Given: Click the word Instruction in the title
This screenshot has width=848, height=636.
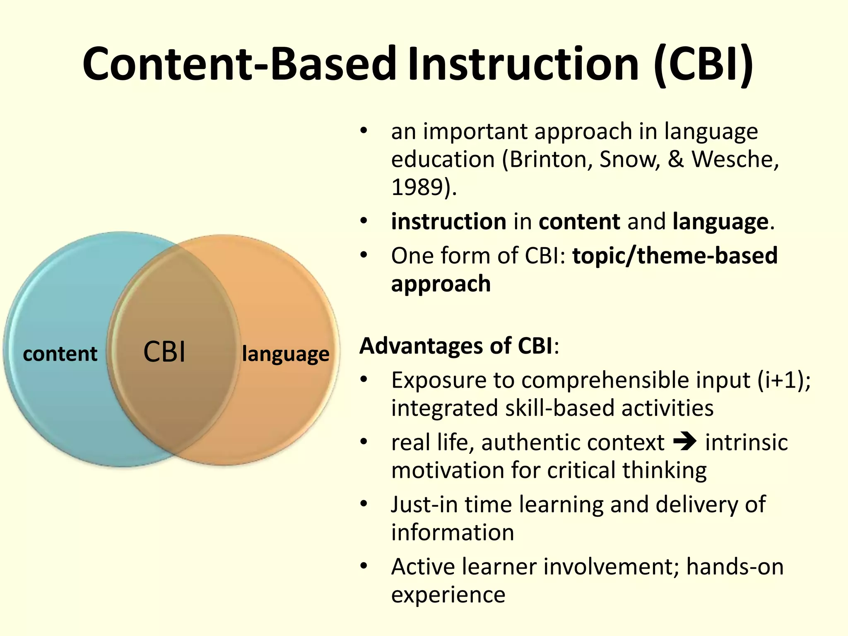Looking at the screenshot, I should pos(523,64).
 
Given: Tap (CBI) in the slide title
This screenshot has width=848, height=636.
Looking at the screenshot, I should pos(703,64).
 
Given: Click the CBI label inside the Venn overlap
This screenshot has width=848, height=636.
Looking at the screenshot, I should pos(164,352).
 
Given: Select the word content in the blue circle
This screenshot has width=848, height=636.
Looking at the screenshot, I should pos(60,354).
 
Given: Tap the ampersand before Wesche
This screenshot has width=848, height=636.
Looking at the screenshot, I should pos(675,159).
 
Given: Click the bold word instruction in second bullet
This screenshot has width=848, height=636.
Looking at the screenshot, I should pos(448,222).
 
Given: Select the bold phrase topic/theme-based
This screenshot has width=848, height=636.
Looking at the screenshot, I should pos(675,255).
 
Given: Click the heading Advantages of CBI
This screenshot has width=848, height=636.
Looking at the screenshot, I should pos(455,346).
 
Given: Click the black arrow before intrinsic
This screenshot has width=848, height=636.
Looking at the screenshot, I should pos(685,441).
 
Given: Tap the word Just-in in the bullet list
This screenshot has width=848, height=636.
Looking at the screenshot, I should pos(424,505).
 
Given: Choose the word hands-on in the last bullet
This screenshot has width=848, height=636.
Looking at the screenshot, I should pos(735,567).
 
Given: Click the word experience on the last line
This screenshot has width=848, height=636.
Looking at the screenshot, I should pos(448,595).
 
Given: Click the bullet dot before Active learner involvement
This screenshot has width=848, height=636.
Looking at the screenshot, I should pos(364,566).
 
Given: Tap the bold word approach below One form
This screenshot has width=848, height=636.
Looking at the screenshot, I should pos(441,284).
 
